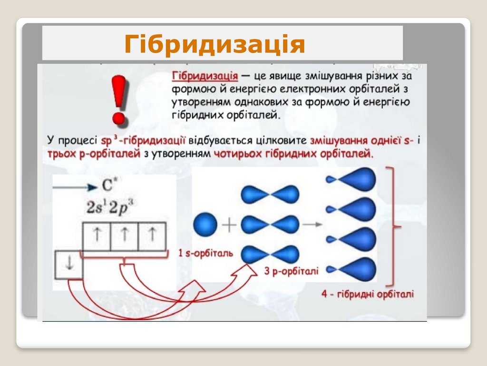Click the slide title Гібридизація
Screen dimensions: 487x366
[214, 44]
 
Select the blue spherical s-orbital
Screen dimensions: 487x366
[205, 224]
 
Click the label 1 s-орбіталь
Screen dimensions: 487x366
[205, 253]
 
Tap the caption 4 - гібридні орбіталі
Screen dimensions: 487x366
[367, 294]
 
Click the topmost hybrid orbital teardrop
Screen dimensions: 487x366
[352, 179]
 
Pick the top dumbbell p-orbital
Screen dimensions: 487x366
[270, 193]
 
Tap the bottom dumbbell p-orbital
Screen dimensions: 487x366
[270, 254]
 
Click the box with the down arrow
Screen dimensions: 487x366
[69, 265]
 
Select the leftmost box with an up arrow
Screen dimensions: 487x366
[97, 236]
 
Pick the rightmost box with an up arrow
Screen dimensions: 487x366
[152, 236]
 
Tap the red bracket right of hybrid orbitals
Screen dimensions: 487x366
[392, 226]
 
